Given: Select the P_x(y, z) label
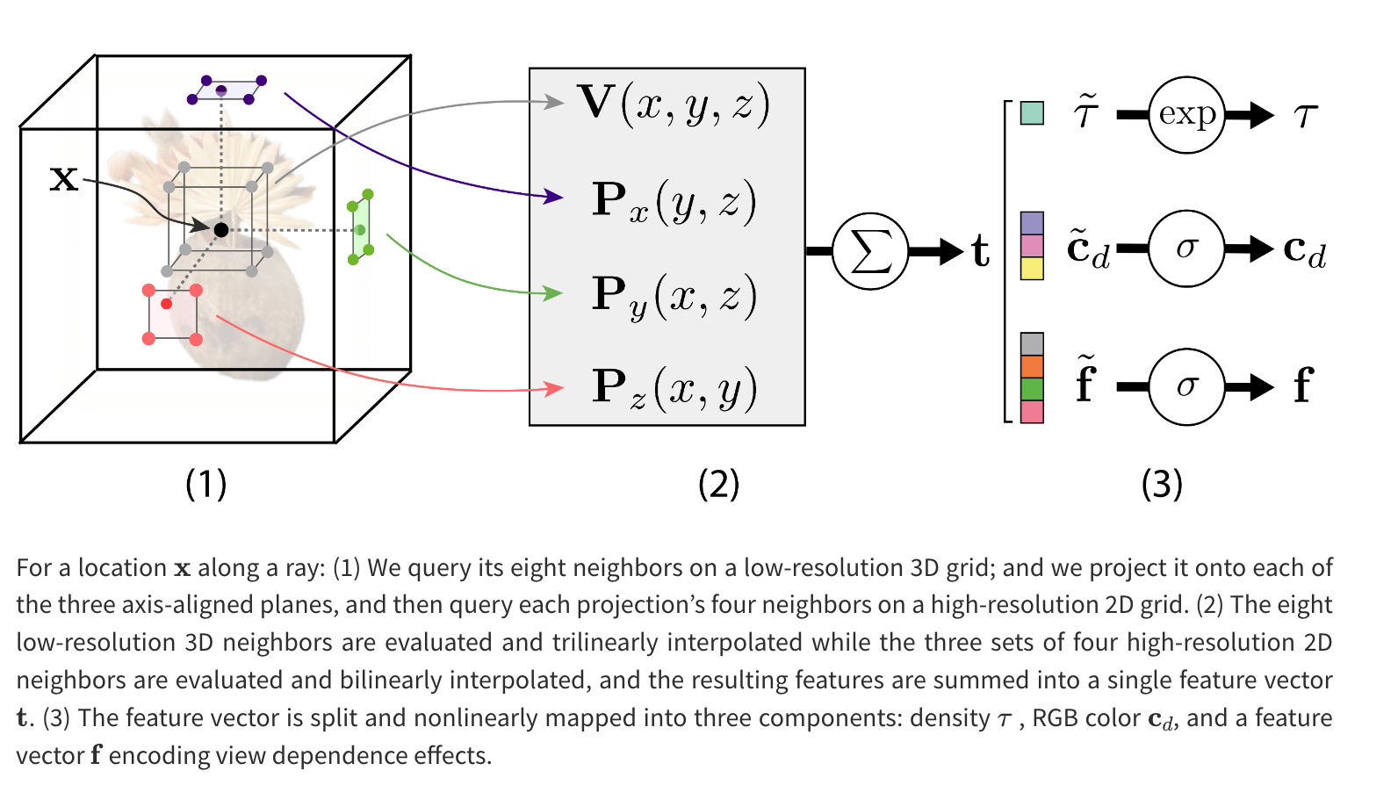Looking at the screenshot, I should [674, 202].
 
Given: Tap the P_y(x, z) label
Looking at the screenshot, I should [674, 296].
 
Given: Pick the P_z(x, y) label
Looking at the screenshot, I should [674, 388].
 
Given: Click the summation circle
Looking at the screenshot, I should [869, 252].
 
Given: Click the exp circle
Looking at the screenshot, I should [1186, 115].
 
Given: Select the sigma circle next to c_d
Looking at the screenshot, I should [1186, 248].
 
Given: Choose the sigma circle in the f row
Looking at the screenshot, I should [1186, 386].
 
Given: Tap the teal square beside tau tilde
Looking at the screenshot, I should [1033, 113].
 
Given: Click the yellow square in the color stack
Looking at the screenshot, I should [1033, 268].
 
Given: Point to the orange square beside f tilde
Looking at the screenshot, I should [1033, 366].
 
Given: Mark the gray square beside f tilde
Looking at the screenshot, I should [1033, 343].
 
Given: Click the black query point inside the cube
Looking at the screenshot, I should [221, 230].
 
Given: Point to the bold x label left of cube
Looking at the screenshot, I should [63, 179].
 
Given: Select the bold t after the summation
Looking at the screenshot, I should [981, 252].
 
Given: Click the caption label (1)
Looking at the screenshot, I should [206, 484].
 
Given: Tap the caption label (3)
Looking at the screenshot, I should [1162, 484].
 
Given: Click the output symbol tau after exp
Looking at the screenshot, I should [1306, 115].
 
